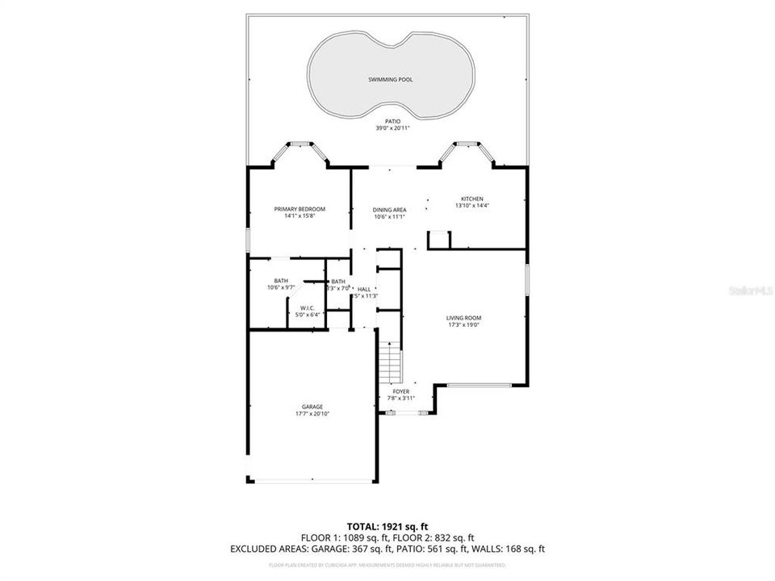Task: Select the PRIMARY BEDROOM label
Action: (x=300, y=209)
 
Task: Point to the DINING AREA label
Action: (x=389, y=210)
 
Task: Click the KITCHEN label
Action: (x=471, y=199)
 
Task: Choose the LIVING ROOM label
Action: (x=463, y=318)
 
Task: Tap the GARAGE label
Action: (x=312, y=407)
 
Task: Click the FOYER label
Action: (x=401, y=391)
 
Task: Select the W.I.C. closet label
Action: (x=307, y=308)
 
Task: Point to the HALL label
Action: (x=364, y=289)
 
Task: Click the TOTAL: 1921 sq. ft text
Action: (x=387, y=526)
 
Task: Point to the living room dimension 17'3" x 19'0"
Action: (x=463, y=325)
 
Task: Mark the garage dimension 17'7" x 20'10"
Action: (x=312, y=413)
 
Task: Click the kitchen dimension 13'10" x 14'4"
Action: (x=471, y=206)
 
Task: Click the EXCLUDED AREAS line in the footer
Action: (x=387, y=550)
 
